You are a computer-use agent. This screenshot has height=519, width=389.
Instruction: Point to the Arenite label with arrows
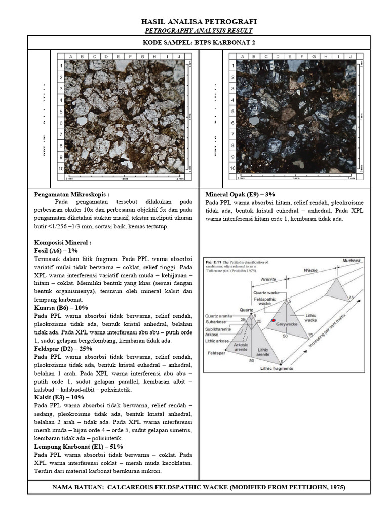tap(268, 278)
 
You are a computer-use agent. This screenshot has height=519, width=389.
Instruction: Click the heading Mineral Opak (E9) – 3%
tap(240, 194)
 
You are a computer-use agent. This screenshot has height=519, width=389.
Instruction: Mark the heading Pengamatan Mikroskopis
tap(71, 194)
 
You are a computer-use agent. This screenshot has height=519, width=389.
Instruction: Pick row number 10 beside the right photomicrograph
tap(232, 168)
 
